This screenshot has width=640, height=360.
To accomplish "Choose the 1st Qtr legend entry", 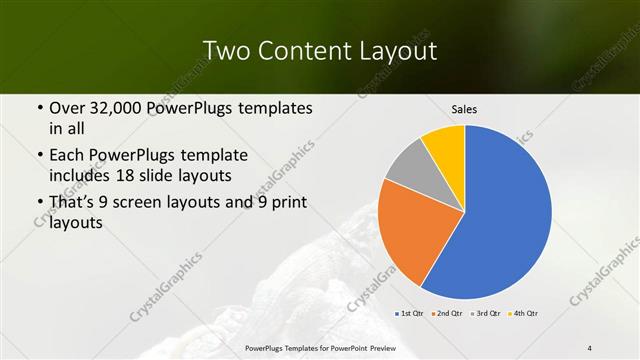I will pyautogui.click(x=410, y=314).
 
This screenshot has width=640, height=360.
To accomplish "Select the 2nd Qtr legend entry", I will pyautogui.click(x=447, y=314).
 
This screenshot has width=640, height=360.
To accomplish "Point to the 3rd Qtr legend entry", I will pyautogui.click(x=485, y=314).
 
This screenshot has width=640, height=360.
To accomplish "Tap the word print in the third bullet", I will pyautogui.click(x=289, y=204).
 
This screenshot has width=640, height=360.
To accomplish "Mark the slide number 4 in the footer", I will pyautogui.click(x=590, y=347).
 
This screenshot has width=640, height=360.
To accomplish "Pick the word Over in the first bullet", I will pyautogui.click(x=67, y=108).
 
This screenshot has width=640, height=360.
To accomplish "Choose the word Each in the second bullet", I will pyautogui.click(x=68, y=156).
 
